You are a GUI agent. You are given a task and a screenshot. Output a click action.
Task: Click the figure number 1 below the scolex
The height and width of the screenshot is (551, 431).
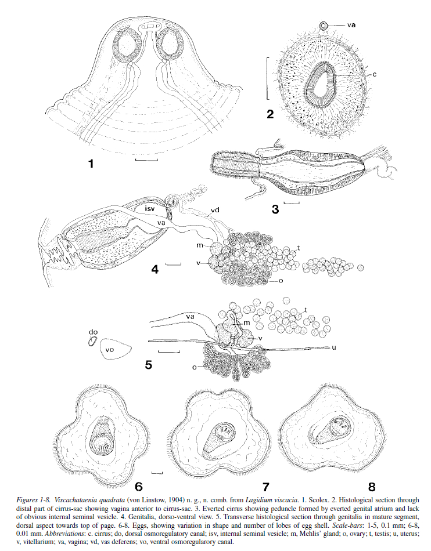pyautogui.click(x=91, y=164)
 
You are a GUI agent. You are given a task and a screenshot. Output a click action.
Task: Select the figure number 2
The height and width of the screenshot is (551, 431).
pyautogui.click(x=270, y=114)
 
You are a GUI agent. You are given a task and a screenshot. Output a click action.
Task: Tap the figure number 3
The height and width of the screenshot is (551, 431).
pyautogui.click(x=275, y=209)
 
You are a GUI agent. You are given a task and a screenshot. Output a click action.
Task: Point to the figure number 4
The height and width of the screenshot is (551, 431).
pyautogui.click(x=155, y=270)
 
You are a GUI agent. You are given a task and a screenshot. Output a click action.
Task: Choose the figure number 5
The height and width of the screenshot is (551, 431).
pyautogui.click(x=149, y=365)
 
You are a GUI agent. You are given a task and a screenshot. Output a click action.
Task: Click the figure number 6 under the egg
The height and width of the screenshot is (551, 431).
pyautogui.click(x=139, y=487)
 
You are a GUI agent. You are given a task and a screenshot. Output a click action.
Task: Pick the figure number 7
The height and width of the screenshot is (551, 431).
pyautogui.click(x=265, y=487)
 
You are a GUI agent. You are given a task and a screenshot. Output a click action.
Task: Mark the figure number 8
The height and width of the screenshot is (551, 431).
pyautogui.click(x=372, y=487)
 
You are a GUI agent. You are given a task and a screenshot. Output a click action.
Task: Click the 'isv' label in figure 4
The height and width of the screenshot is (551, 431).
pyautogui.click(x=151, y=208)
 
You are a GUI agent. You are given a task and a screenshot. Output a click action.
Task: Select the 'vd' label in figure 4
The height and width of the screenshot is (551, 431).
pyautogui.click(x=215, y=211)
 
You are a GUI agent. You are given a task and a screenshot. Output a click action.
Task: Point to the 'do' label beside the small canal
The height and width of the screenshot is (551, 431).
pyautogui.click(x=94, y=332)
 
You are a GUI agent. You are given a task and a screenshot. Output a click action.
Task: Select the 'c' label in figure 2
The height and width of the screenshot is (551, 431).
pyautogui.click(x=375, y=74)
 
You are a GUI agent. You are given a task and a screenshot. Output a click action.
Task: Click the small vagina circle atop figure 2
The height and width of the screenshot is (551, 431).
pyautogui.click(x=324, y=26)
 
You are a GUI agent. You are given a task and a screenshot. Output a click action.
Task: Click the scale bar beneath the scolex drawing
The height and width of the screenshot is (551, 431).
pyautogui.click(x=147, y=160)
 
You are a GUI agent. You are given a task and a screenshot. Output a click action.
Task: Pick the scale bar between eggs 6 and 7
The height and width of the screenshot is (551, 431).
pyautogui.click(x=157, y=473)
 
